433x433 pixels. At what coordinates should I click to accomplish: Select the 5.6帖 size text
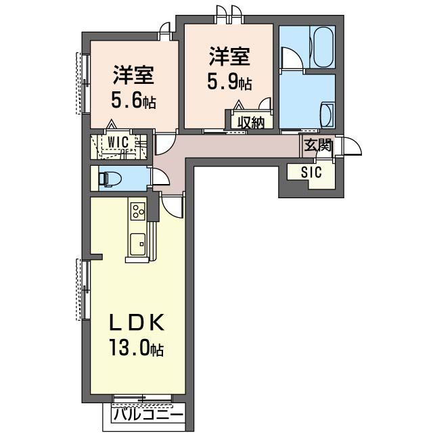coord(133,101)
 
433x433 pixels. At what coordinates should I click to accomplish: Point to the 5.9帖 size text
coord(229,83)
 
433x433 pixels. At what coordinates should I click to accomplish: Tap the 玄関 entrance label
coord(317,144)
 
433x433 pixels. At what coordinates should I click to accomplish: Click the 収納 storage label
coord(250,122)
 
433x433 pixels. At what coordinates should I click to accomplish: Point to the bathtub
coord(321,47)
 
